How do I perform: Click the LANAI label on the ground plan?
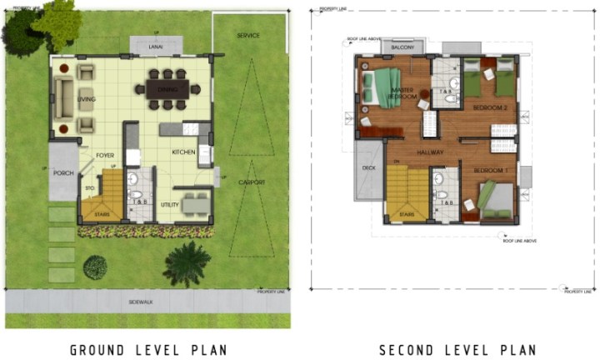[155, 47]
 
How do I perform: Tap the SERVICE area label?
[247, 36]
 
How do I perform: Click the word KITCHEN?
[183, 152]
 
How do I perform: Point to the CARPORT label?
[251, 182]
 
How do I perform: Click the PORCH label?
[63, 173]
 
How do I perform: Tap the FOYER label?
[105, 156]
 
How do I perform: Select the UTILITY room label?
[170, 204]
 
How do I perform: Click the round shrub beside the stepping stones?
[95, 267]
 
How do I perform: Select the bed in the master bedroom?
[381, 87]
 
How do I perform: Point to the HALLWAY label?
[431, 152]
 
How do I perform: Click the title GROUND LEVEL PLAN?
[148, 348]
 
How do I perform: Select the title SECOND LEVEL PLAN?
[457, 348]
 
